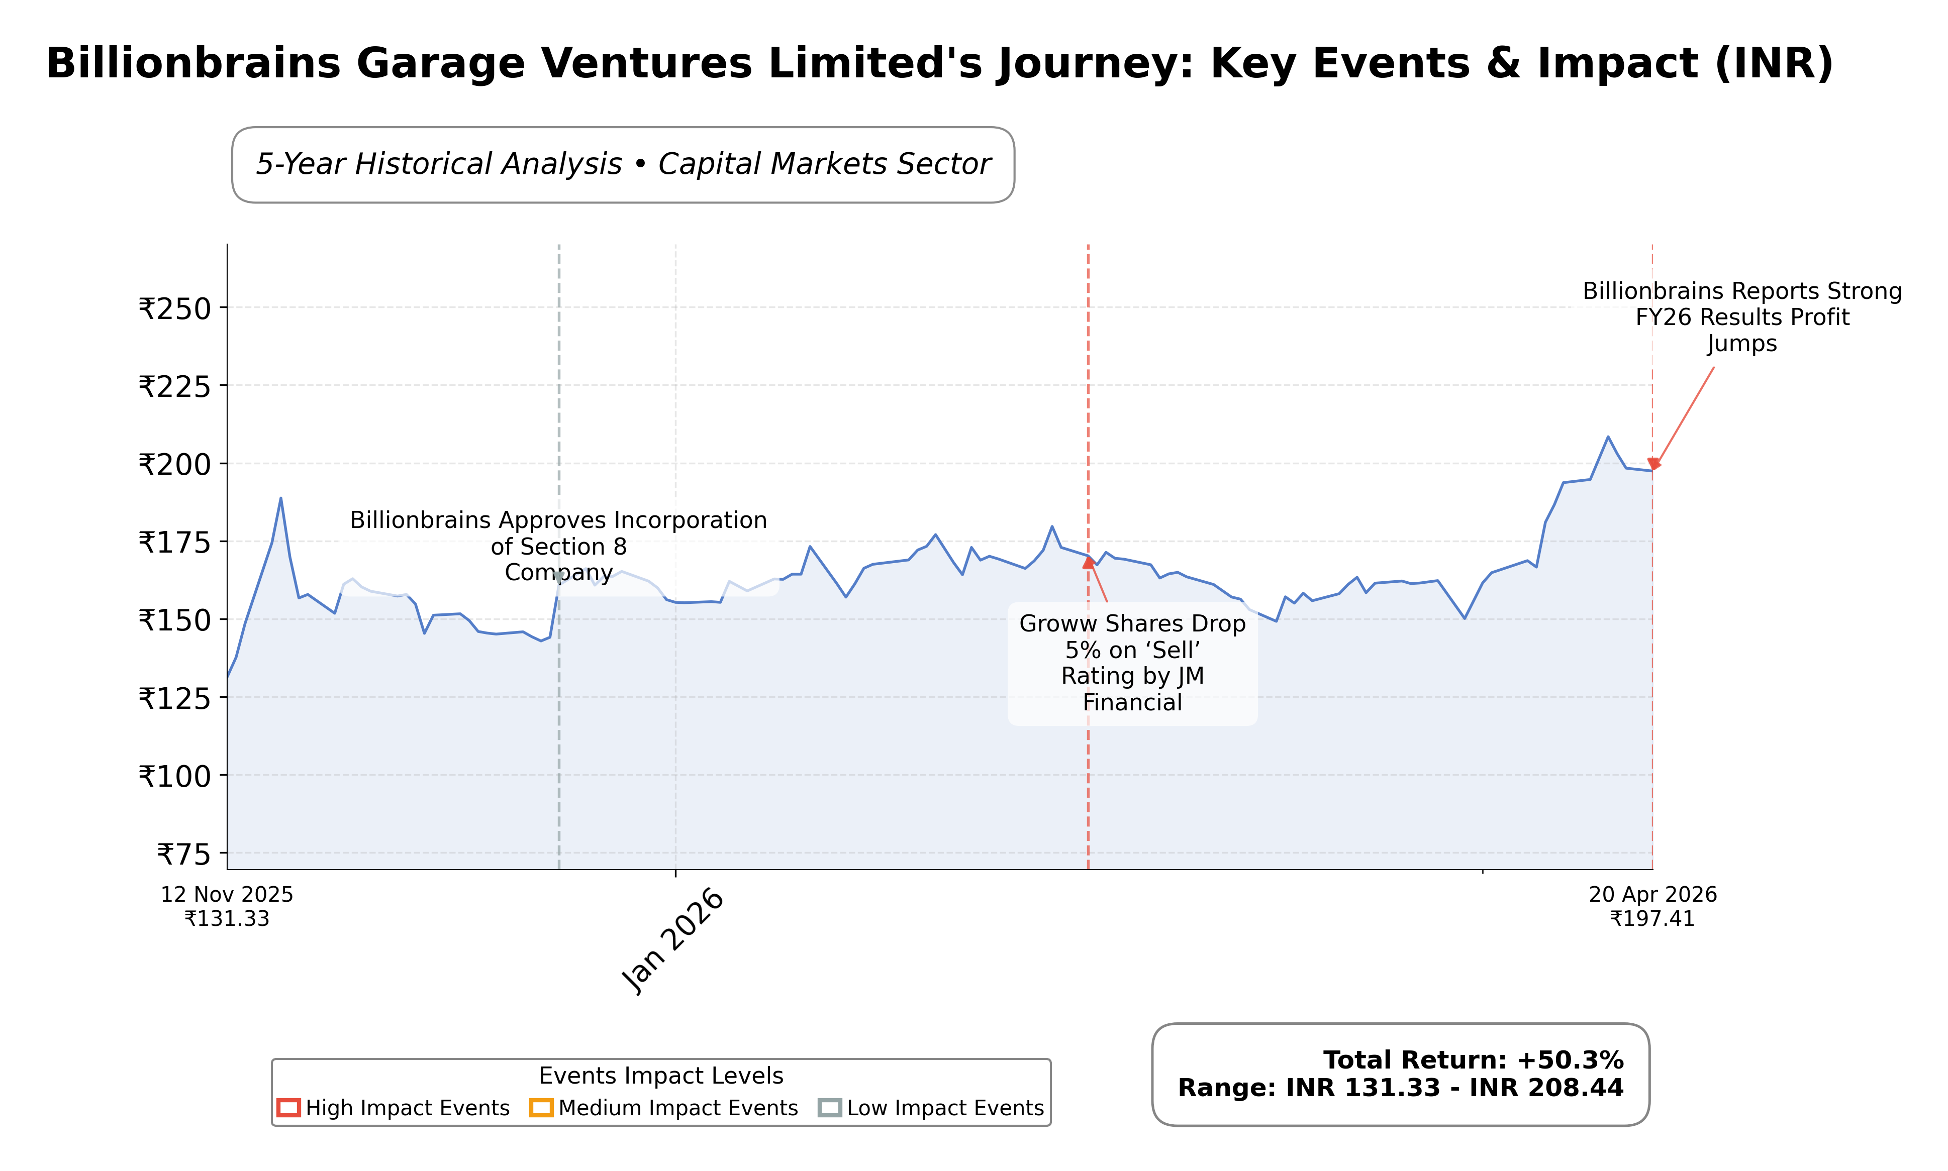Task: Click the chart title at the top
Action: [x=939, y=63]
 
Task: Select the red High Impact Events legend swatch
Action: [x=288, y=1108]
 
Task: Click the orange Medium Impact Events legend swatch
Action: [x=541, y=1108]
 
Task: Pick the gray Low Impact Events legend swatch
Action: [x=830, y=1108]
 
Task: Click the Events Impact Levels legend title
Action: [x=661, y=1076]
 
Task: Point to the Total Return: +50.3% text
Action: [x=1473, y=1060]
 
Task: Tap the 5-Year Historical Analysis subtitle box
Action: [x=623, y=164]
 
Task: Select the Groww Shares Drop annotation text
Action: [x=1132, y=663]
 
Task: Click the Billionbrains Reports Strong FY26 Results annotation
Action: [x=1741, y=317]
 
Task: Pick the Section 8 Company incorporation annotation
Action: [x=558, y=546]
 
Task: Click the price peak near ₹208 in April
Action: [x=1608, y=437]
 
